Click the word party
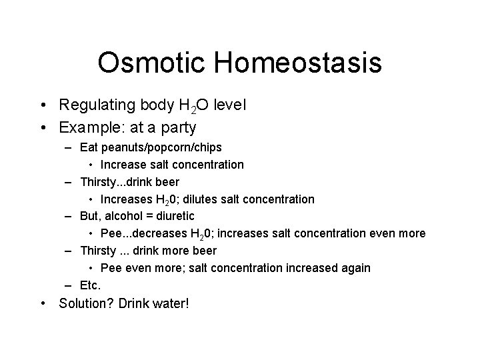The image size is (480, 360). (174, 127)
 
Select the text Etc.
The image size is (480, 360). (90, 285)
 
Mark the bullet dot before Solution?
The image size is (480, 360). (43, 304)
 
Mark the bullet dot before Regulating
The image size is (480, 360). (43, 105)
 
